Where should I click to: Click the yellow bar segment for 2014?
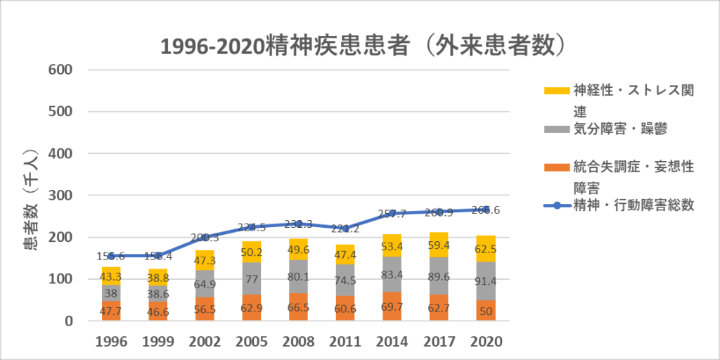click(392, 245)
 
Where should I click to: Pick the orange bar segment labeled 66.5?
click(299, 307)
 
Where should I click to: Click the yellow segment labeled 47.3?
click(205, 260)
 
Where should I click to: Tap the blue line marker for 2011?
click(345, 228)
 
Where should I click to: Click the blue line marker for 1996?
click(111, 256)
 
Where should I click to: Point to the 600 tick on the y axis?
click(60, 70)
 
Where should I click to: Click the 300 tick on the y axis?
click(60, 195)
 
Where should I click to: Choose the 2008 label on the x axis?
click(299, 341)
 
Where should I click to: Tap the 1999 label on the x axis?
click(158, 341)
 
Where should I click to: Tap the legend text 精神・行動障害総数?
click(634, 205)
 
